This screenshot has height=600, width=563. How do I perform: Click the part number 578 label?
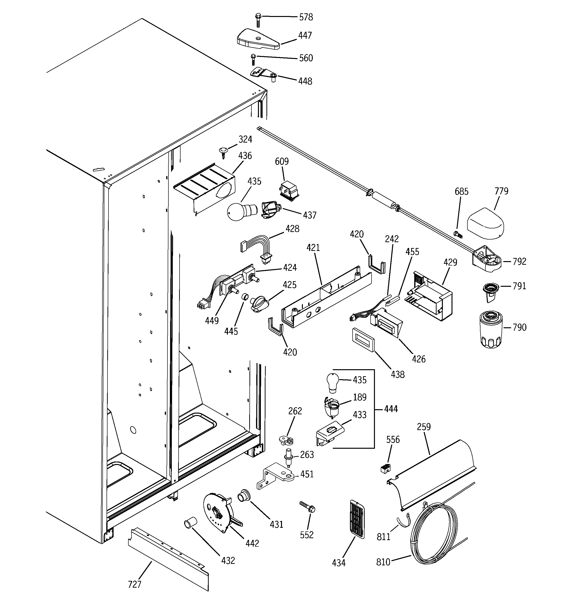[306, 17]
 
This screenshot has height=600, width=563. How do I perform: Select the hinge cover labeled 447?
[257, 40]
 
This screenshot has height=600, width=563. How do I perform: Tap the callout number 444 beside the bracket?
[391, 409]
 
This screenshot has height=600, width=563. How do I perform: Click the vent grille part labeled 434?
[357, 519]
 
